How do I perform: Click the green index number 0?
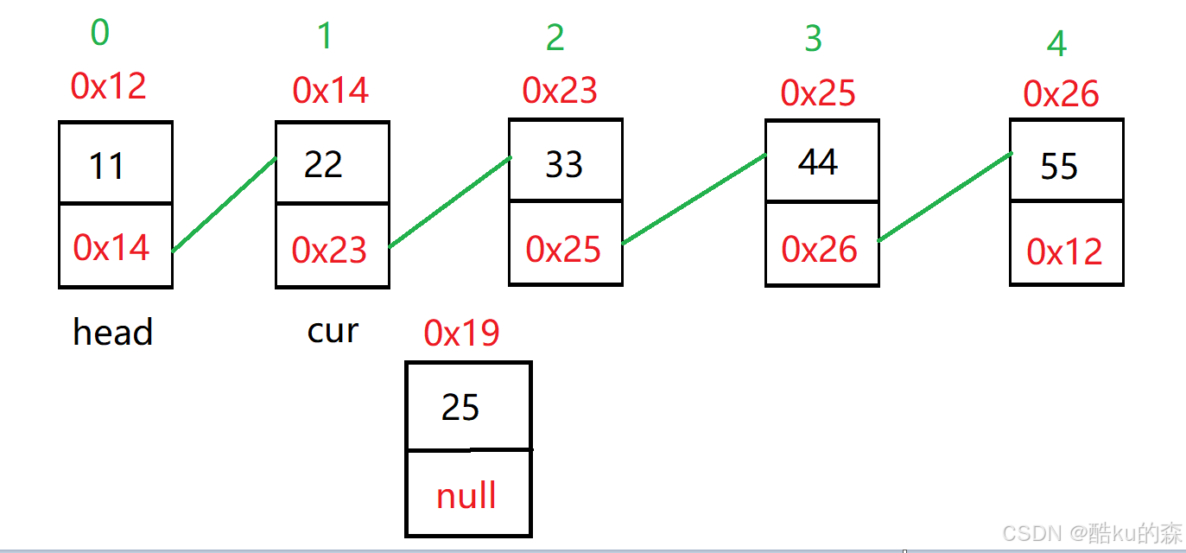point(100,33)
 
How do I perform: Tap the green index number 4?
point(1056,44)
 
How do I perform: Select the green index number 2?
point(555,39)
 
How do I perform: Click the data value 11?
point(107,166)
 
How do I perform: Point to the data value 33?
point(564,164)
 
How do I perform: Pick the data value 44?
point(818,162)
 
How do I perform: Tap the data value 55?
point(1059,166)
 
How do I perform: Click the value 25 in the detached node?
point(460,407)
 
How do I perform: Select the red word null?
point(466,496)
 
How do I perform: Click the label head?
point(113,333)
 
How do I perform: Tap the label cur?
point(333,330)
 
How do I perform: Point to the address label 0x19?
point(461,333)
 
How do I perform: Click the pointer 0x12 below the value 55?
point(1064,251)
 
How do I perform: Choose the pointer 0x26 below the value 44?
point(820,250)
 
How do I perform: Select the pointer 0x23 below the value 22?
point(329,250)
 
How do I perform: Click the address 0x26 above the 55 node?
point(1061,93)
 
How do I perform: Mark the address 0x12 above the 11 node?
point(109,86)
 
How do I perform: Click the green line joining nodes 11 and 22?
point(225,205)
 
